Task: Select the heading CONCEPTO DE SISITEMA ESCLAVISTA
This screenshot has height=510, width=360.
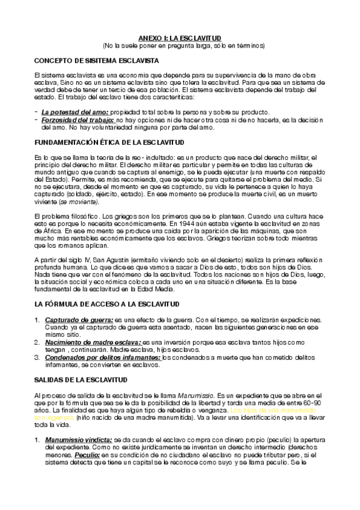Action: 96,61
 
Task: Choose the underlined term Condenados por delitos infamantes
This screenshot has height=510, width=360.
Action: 103,357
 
